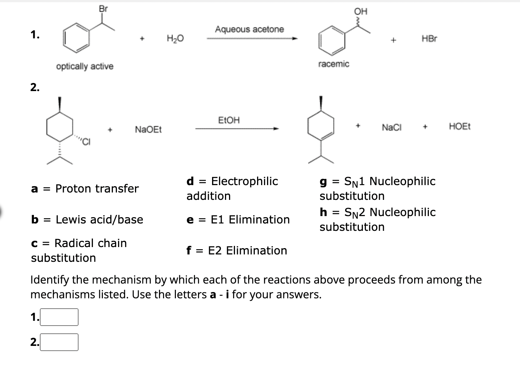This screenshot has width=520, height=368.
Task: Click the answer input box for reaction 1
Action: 59,317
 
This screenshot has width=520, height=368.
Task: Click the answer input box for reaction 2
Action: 59,342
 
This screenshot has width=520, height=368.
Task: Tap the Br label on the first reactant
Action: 103,9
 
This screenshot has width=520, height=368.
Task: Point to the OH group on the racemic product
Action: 360,11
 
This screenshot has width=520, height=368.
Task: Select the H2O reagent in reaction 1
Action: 175,38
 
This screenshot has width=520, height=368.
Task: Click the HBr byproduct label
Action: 429,39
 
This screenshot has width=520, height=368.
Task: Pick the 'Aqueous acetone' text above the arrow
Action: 249,29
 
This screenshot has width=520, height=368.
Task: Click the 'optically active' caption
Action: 84,66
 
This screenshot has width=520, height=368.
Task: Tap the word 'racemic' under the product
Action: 333,64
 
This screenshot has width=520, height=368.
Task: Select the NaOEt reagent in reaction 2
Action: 148,129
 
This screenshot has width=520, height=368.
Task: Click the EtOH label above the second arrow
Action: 229,120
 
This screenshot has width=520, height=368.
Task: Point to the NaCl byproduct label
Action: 392,128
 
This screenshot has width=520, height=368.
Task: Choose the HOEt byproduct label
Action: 460,126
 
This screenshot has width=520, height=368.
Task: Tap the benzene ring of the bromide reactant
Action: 76,38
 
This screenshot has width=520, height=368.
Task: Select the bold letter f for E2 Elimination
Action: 189,251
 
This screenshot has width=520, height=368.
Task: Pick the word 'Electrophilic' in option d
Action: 244,181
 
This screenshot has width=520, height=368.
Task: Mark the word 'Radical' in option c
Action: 72,243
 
